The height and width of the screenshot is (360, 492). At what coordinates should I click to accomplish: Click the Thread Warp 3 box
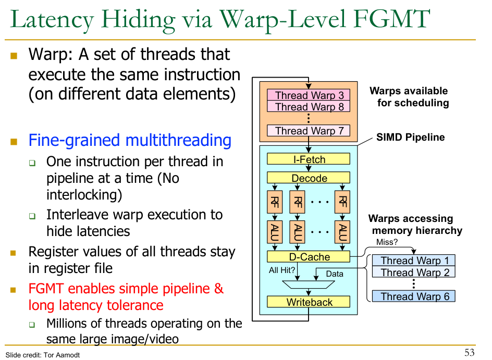pyautogui.click(x=309, y=95)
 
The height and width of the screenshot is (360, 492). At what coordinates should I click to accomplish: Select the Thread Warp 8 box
pyautogui.click(x=309, y=107)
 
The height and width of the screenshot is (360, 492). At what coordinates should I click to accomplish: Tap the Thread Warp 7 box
pyautogui.click(x=309, y=131)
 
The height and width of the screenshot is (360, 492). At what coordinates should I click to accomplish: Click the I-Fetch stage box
pyautogui.click(x=309, y=159)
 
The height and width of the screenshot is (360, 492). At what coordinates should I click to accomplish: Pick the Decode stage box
pyautogui.click(x=309, y=178)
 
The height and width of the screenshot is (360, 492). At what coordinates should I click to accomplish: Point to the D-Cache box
pyautogui.click(x=309, y=257)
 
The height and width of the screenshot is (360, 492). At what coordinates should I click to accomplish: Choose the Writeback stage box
pyautogui.click(x=309, y=302)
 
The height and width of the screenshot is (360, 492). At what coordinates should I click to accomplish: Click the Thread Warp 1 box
pyautogui.click(x=414, y=260)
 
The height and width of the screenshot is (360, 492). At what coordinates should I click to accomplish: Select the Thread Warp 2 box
pyautogui.click(x=414, y=272)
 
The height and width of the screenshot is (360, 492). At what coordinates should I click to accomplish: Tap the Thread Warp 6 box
pyautogui.click(x=414, y=296)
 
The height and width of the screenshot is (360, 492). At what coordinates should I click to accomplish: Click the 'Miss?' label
pyautogui.click(x=387, y=242)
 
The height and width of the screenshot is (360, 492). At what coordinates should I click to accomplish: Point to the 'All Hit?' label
pyautogui.click(x=282, y=270)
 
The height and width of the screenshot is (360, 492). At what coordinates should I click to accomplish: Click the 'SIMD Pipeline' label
pyautogui.click(x=410, y=138)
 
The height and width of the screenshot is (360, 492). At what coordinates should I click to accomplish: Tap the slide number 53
pyautogui.click(x=469, y=353)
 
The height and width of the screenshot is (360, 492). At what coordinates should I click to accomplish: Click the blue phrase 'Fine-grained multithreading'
pyautogui.click(x=130, y=141)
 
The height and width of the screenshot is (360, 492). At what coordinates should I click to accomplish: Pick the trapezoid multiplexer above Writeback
pyautogui.click(x=309, y=284)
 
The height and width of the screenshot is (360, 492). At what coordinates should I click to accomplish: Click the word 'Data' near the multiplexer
pyautogui.click(x=335, y=274)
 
